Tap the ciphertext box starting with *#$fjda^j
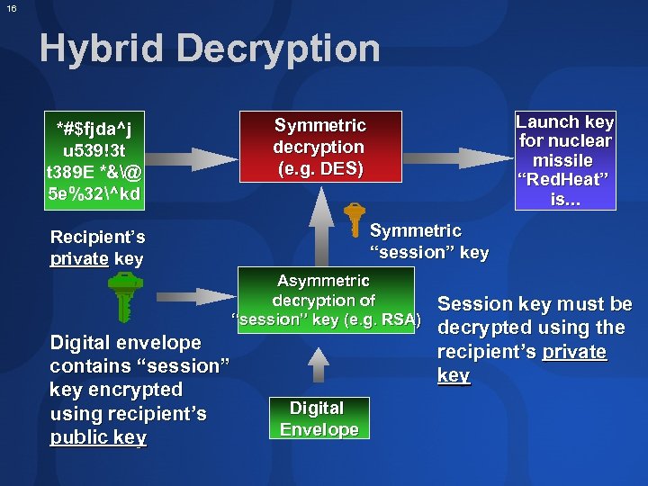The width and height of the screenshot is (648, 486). (x=94, y=159)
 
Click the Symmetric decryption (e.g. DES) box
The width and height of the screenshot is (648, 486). (x=319, y=147)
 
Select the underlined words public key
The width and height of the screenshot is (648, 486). (x=98, y=438)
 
